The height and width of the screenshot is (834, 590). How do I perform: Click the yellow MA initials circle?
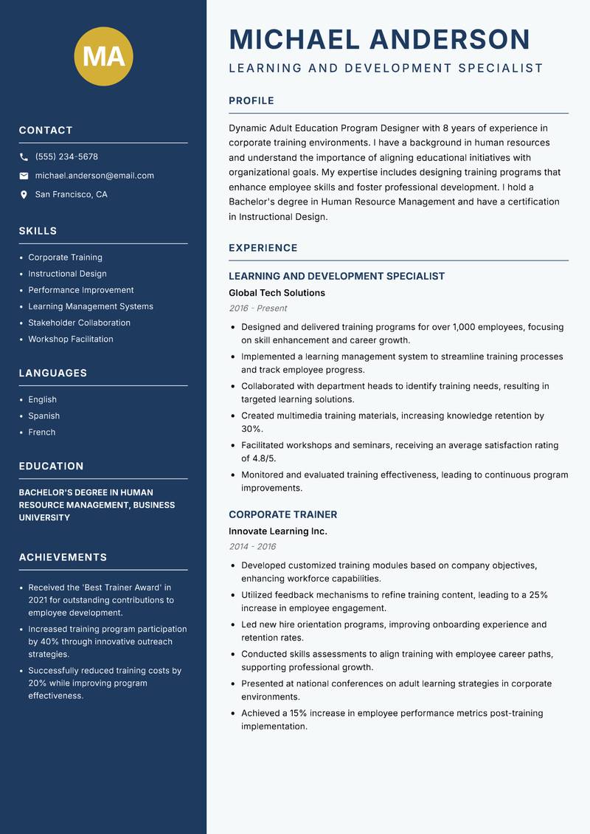[104, 56]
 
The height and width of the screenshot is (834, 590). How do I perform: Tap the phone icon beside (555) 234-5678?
[24, 157]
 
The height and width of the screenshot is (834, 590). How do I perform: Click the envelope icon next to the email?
[24, 176]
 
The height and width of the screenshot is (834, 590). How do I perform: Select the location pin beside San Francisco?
[24, 195]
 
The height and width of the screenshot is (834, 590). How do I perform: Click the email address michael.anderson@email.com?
[94, 176]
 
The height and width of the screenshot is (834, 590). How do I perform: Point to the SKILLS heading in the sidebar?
[38, 231]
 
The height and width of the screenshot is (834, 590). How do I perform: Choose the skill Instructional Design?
[67, 274]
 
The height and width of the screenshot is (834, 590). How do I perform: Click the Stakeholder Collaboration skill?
[79, 323]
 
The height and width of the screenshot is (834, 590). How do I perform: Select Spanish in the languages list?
[44, 416]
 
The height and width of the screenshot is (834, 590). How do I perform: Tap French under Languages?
[41, 432]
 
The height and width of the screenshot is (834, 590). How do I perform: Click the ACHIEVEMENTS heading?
[63, 557]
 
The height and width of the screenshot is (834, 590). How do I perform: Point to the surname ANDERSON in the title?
[449, 39]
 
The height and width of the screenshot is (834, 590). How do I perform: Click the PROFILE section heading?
[251, 101]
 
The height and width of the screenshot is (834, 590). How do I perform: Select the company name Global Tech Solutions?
[277, 293]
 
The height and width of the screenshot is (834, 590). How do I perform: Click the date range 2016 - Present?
[257, 309]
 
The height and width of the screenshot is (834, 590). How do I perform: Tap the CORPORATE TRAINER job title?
[282, 514]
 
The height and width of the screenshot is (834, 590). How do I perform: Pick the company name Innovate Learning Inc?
[277, 531]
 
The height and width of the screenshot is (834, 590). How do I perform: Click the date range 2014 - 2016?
[252, 547]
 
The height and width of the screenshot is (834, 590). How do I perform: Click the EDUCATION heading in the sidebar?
[51, 466]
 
